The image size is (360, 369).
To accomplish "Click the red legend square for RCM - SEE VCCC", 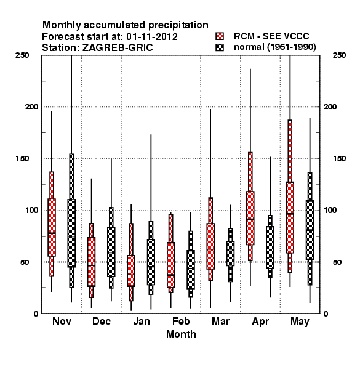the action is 220,36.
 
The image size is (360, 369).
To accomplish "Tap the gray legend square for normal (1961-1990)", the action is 220,47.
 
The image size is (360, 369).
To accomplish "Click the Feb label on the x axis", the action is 181,321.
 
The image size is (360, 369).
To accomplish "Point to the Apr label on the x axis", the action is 260,322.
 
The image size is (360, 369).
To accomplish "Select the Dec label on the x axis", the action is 102,321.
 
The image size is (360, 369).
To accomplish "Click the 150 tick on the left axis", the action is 22,159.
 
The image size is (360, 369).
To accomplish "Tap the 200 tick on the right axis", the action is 330,106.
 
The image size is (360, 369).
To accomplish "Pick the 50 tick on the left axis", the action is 25,262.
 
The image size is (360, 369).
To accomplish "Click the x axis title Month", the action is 181,334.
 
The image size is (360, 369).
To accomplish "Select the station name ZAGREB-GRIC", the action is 118,48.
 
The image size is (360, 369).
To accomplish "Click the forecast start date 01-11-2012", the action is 152,37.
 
